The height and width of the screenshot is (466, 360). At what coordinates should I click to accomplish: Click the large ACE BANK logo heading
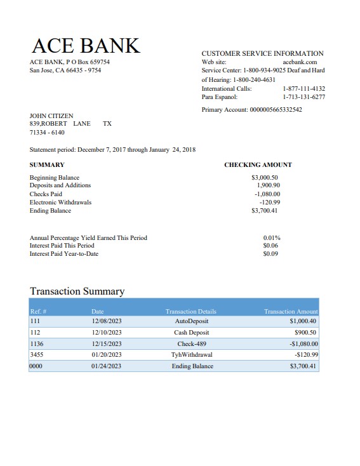85,46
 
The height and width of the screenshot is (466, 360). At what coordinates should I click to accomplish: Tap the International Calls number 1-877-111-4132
303,89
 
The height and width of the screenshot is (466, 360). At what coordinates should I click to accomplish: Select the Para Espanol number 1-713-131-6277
303,97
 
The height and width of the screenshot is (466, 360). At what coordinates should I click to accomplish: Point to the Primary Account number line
251,110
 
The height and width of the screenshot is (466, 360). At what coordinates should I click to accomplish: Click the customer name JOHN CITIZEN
51,116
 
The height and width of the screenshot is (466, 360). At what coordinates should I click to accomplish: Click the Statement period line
112,150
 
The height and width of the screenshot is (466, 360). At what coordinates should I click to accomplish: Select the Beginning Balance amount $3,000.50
265,178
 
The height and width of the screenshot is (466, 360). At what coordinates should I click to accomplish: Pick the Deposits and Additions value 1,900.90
268,185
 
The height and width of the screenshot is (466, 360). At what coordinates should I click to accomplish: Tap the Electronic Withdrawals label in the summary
60,203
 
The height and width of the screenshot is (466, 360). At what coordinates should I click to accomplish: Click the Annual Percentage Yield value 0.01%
272,238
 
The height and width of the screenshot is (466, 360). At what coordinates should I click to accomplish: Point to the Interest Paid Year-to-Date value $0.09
270,254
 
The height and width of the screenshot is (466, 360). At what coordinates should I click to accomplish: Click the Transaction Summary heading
77,291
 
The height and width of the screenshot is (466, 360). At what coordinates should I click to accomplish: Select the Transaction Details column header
190,312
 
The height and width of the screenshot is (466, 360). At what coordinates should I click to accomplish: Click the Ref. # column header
39,312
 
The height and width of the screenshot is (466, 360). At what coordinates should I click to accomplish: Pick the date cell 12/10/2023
106,333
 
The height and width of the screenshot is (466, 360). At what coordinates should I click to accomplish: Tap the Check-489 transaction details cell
191,343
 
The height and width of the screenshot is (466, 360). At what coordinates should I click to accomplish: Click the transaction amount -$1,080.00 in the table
299,343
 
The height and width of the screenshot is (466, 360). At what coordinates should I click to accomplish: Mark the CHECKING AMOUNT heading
258,165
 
